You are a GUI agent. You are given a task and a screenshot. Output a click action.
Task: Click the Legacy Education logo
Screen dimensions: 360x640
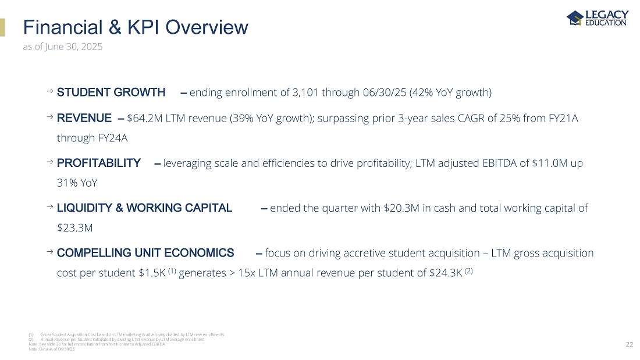tap(597, 18)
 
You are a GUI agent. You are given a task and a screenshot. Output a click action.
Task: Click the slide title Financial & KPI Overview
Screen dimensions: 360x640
tap(135, 27)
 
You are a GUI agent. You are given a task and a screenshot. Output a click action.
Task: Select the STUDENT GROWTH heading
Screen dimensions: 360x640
tap(111, 92)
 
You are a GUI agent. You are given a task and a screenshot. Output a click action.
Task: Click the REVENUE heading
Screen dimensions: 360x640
tap(84, 119)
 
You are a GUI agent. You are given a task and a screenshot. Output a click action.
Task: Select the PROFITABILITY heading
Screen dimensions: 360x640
tap(99, 163)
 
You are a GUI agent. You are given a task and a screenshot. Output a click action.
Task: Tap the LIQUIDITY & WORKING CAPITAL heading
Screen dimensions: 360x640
tap(144, 208)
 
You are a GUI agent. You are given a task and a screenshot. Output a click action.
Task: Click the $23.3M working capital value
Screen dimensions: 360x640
tap(75, 227)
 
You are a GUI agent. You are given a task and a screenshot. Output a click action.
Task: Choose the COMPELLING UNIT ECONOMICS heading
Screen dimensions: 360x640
tap(145, 253)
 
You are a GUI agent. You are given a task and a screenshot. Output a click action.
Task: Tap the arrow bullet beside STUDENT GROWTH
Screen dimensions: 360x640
tap(49, 92)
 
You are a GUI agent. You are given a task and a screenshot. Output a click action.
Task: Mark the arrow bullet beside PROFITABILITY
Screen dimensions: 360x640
tap(49, 163)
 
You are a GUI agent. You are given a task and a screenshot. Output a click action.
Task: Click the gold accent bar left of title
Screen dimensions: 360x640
tap(2, 27)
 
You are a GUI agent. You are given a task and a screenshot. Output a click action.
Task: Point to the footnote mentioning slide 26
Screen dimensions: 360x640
tap(97, 345)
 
